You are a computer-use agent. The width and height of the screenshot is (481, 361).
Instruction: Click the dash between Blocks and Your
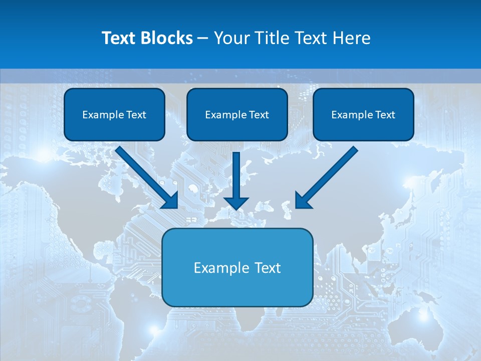[203, 39]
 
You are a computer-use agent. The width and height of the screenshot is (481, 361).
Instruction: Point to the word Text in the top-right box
[385, 115]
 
